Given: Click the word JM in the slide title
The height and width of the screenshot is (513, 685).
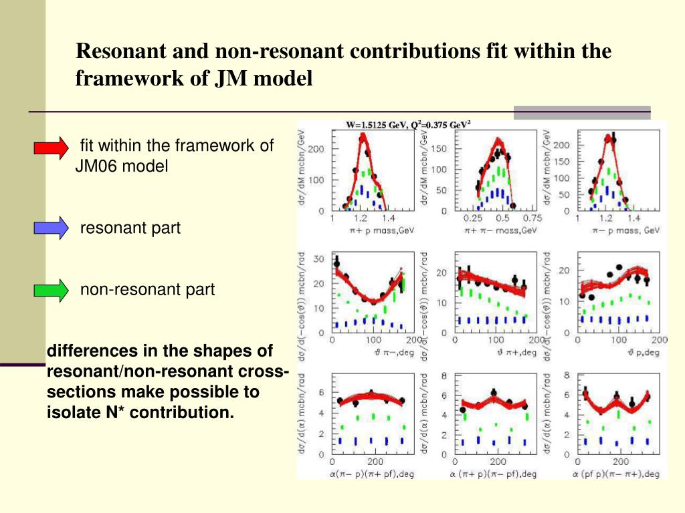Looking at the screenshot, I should click(229, 79).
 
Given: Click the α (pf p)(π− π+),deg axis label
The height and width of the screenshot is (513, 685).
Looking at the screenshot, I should click(616, 474).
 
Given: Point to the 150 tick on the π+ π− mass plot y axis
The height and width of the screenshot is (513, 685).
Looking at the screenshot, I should click(439, 148).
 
